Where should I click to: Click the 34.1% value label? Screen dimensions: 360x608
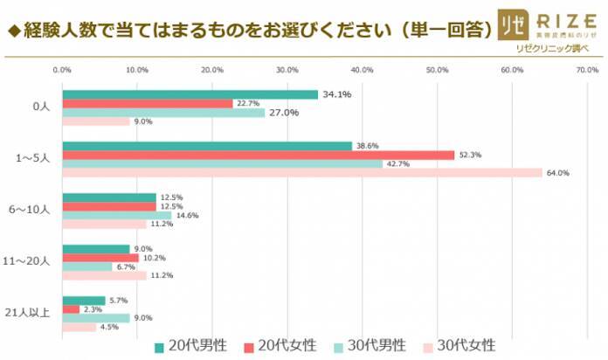pos(337,94)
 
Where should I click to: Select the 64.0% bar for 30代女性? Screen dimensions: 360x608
pos(302,173)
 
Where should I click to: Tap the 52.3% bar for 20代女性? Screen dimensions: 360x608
pos(259,155)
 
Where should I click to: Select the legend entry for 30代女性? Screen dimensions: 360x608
pos(463,343)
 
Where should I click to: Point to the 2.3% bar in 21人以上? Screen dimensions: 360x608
pos(71,309)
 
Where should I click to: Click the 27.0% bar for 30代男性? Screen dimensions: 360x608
pos(163,113)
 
